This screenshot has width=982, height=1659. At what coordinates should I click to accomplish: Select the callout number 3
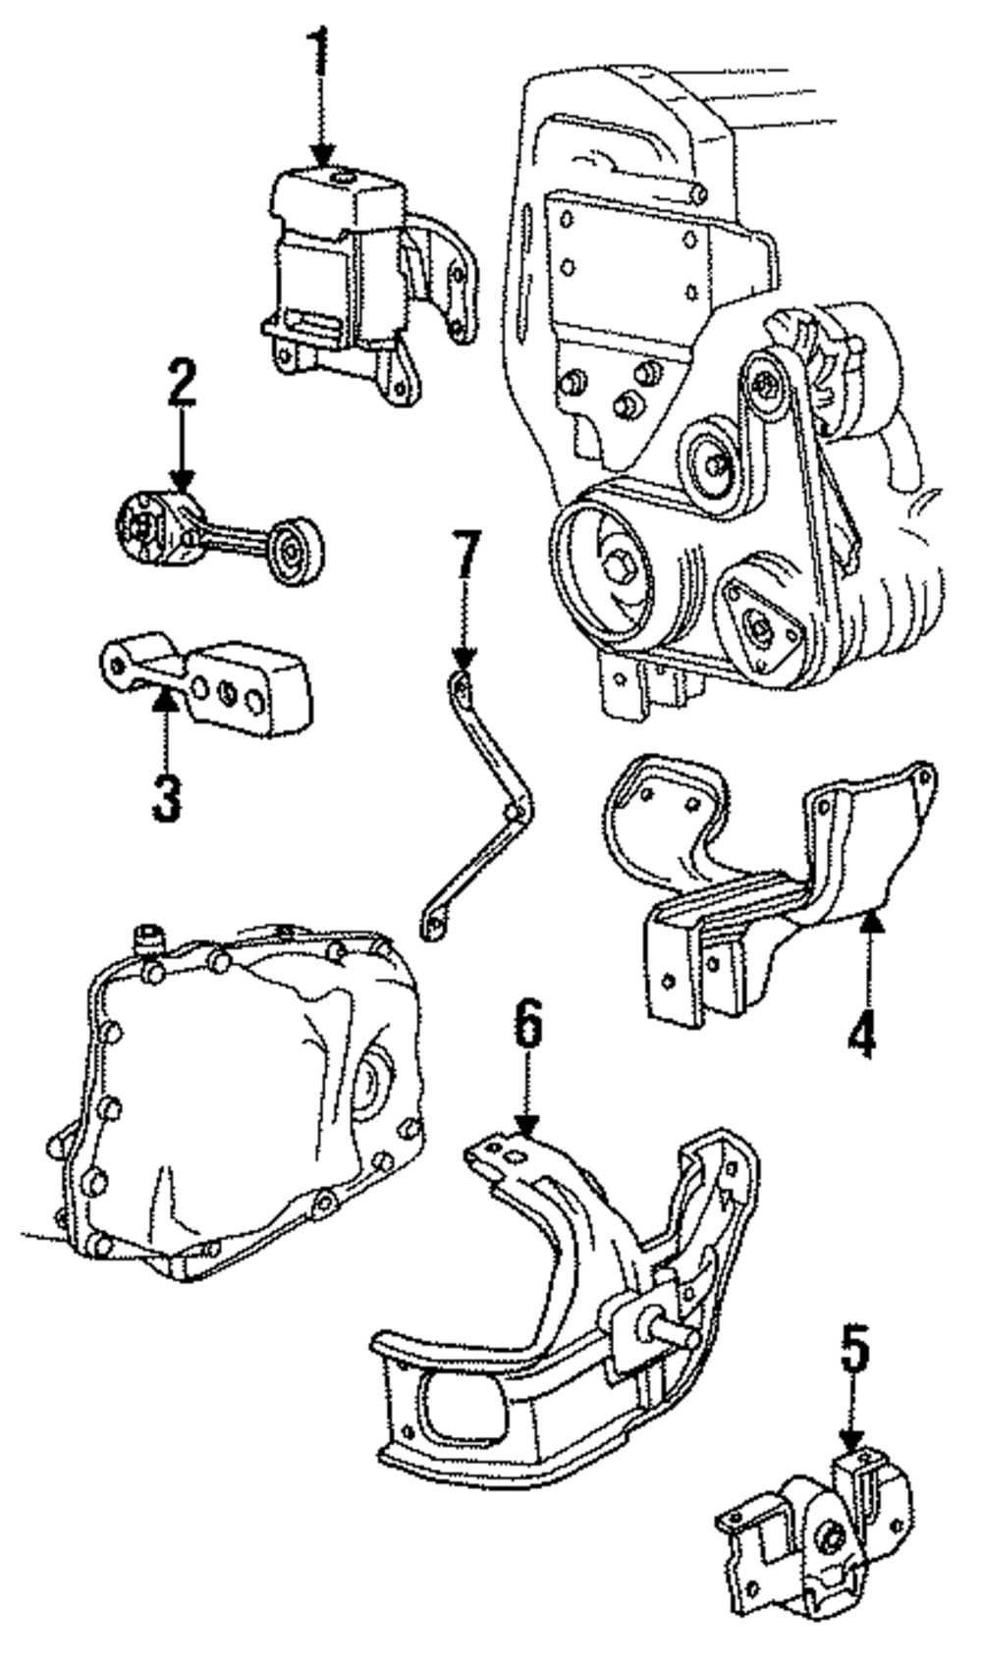coord(166,797)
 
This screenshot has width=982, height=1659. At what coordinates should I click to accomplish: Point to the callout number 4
coord(861,1033)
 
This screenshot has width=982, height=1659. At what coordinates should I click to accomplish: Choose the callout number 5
coord(853,1349)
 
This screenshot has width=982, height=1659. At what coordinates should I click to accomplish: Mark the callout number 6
coord(527,1025)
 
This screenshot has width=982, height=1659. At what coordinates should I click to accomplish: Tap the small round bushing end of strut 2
coord(292,553)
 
